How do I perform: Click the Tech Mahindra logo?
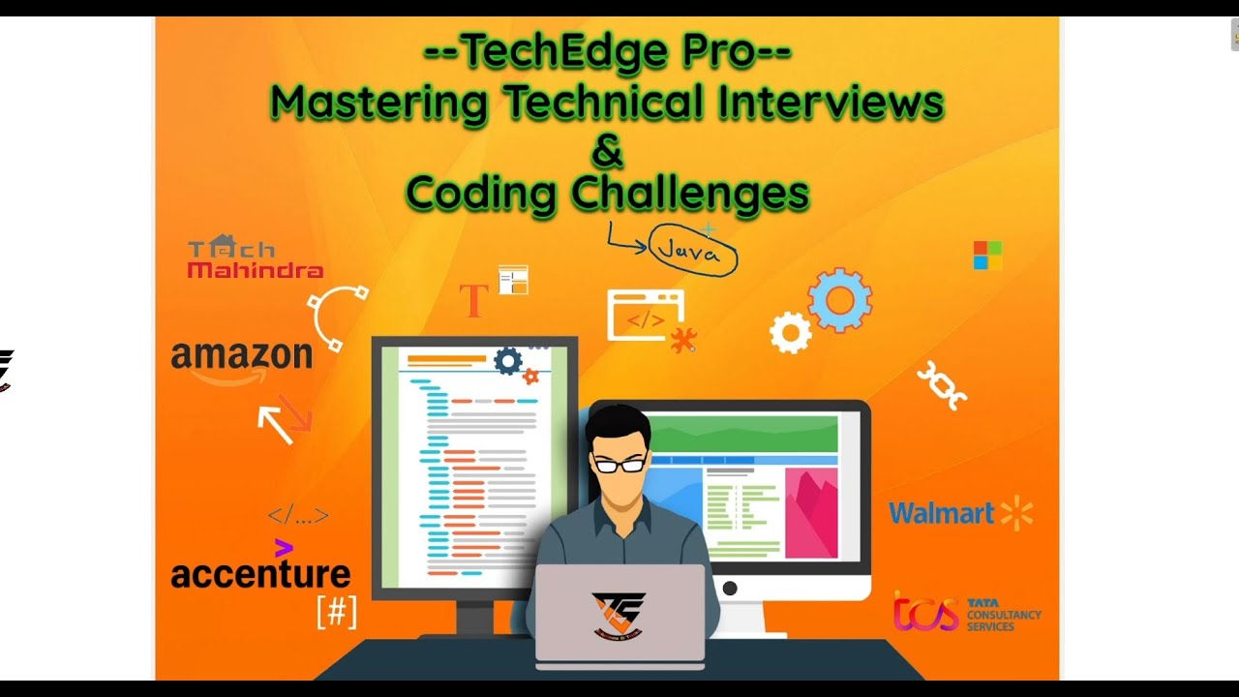click(x=255, y=258)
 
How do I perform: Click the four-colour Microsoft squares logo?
click(x=987, y=256)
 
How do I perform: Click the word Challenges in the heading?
click(x=690, y=193)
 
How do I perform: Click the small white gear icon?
click(x=790, y=333)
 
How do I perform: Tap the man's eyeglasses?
click(x=619, y=465)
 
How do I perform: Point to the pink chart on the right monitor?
click(x=811, y=513)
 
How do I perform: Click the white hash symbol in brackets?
click(x=337, y=612)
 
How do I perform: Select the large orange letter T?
click(x=473, y=301)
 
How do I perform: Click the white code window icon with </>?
click(x=646, y=316)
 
